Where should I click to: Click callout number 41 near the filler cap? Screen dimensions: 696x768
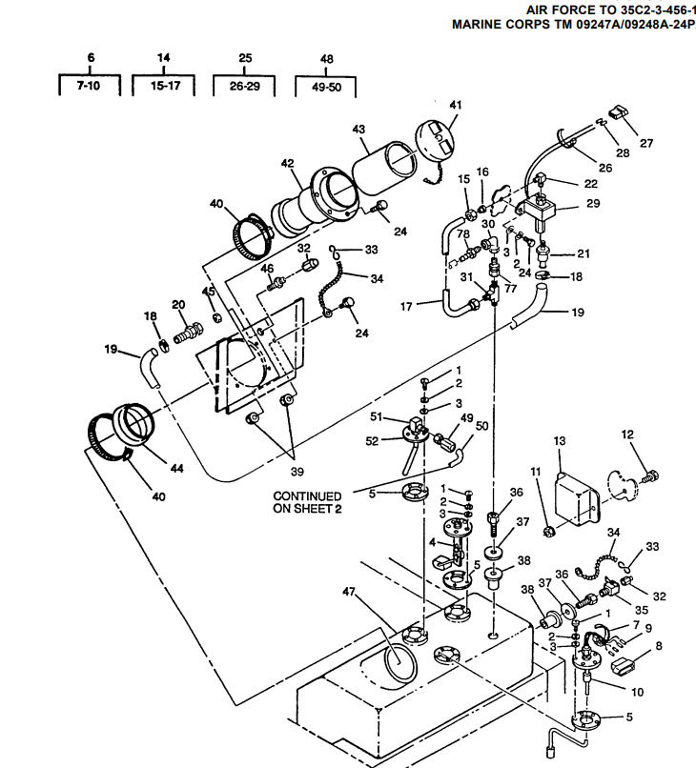tap(456, 105)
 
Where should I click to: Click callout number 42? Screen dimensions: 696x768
tap(288, 163)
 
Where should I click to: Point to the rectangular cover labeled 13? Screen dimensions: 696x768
tap(577, 499)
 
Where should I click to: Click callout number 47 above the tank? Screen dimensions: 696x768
tap(349, 592)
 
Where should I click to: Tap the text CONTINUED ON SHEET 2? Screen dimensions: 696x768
tap(307, 502)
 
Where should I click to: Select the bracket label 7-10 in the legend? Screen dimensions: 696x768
tap(89, 86)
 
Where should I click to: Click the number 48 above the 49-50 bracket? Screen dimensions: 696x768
tap(327, 59)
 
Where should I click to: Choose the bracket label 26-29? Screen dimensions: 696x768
tap(245, 86)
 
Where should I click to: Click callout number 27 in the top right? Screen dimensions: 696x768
tap(646, 143)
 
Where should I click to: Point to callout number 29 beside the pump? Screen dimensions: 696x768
tap(593, 203)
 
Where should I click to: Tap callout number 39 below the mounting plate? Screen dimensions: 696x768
tap(297, 472)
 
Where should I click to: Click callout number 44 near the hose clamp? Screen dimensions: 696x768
tap(177, 468)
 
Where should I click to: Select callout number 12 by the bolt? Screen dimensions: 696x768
tap(627, 435)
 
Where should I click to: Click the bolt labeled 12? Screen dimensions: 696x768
tap(650, 475)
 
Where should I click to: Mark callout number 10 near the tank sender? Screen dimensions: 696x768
tap(637, 692)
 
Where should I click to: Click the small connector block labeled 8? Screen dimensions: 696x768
tap(624, 667)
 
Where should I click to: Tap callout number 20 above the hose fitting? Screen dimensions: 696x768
tap(178, 305)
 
